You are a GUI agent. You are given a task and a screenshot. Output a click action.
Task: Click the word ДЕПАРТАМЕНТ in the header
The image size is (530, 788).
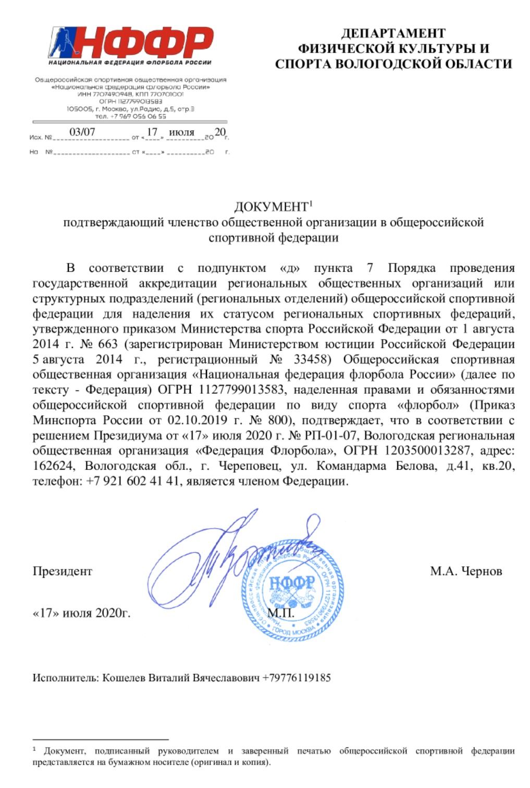coord(393,33)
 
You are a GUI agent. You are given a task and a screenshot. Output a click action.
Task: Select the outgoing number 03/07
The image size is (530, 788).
coord(82,132)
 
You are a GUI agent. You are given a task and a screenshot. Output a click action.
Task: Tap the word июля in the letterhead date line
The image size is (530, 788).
coord(181,132)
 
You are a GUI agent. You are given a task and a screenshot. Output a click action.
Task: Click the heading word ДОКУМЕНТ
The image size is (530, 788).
coord(270,207)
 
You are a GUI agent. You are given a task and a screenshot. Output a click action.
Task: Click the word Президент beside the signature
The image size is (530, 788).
coord(62,571)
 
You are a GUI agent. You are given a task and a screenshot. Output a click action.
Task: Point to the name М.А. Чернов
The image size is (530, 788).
coord(466,571)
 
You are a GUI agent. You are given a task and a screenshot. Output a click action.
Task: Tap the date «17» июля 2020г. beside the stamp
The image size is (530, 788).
coord(81,612)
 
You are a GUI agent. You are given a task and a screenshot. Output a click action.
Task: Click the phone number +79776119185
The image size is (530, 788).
coord(297,678)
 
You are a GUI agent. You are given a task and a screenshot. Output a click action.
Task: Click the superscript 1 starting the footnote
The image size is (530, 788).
coord(34,749)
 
